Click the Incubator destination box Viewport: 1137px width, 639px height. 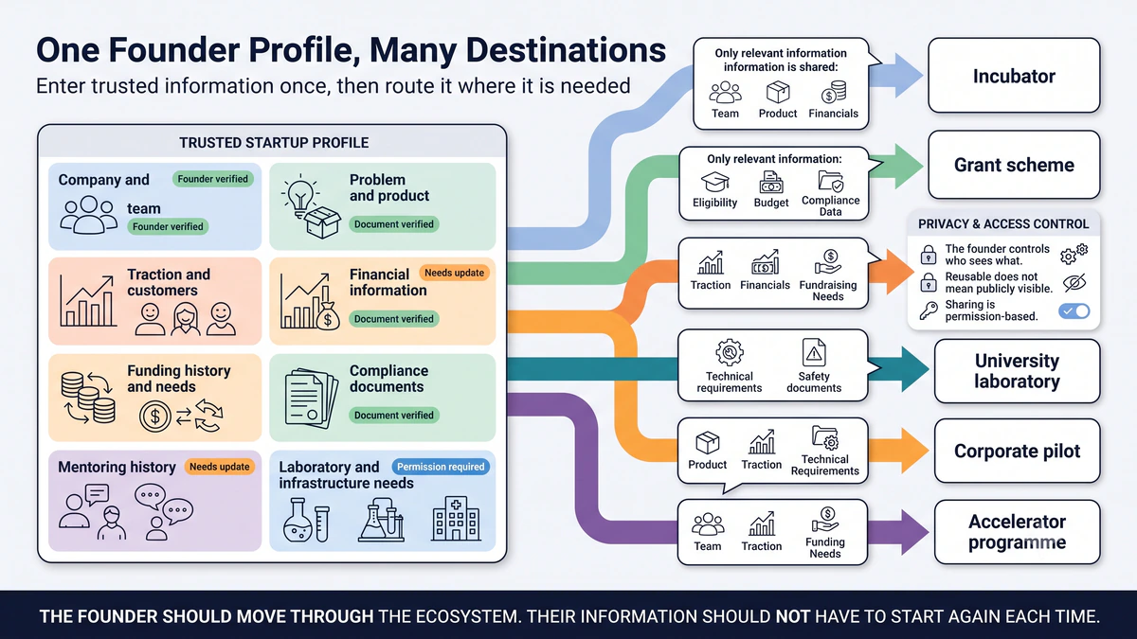pyautogui.click(x=1014, y=76)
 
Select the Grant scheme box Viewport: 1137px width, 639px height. pyautogui.click(x=1014, y=165)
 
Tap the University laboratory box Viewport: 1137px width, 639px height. pyautogui.click(x=1017, y=371)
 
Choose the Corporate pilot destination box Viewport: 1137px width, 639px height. pyautogui.click(x=1017, y=451)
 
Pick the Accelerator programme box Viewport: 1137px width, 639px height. pyautogui.click(x=1017, y=531)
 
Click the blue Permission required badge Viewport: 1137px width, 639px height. pyautogui.click(x=441, y=467)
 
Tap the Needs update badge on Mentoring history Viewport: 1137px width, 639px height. pyautogui.click(x=219, y=467)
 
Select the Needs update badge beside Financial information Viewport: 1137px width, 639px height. pyautogui.click(x=454, y=273)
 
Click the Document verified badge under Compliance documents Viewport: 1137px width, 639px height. pyautogui.click(x=393, y=416)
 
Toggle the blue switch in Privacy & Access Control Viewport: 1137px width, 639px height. pyautogui.click(x=1074, y=311)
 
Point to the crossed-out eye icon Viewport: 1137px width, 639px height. pyautogui.click(x=1074, y=282)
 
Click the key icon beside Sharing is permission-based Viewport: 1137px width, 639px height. pyautogui.click(x=929, y=311)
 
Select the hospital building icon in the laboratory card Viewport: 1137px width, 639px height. pyautogui.click(x=456, y=519)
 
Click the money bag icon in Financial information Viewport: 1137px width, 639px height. pyautogui.click(x=328, y=315)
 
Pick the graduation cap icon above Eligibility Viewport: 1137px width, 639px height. pyautogui.click(x=714, y=182)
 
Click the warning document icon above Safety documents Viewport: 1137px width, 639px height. pyautogui.click(x=814, y=352)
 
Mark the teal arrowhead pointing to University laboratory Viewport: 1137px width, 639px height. pyautogui.click(x=913, y=369)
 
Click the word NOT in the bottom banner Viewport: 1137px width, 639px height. pyautogui.click(x=792, y=616)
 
